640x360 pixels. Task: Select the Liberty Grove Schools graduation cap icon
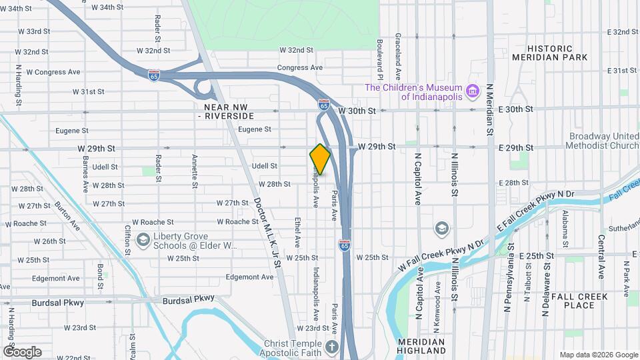click(x=143, y=240)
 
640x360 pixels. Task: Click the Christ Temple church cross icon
click(x=331, y=346)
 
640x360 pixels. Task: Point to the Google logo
click(x=22, y=351)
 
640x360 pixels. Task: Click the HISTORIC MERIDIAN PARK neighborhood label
click(x=550, y=53)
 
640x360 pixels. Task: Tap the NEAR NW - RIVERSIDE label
click(x=230, y=111)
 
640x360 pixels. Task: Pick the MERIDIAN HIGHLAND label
click(x=421, y=345)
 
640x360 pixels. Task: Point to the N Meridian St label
click(x=489, y=110)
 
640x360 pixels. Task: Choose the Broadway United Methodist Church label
click(x=603, y=141)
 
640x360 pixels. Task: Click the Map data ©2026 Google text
click(x=598, y=355)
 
